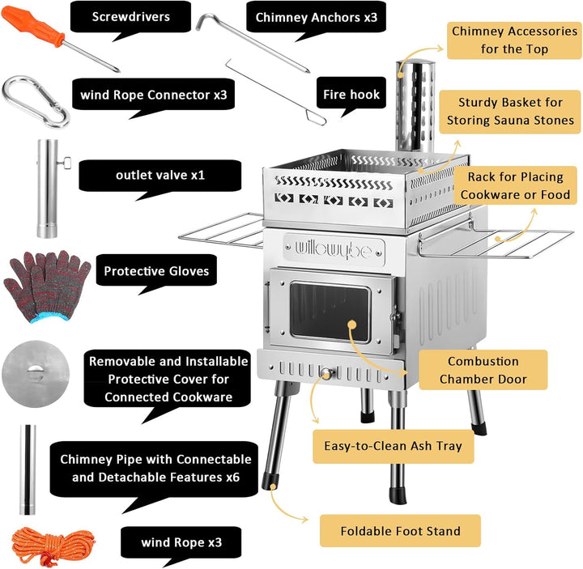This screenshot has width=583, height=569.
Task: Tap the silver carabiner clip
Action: click(x=36, y=101)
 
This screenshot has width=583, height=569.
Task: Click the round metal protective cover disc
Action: click(x=35, y=372)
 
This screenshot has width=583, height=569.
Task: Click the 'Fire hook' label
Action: click(x=351, y=94)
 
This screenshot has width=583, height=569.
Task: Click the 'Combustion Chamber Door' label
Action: click(x=483, y=370)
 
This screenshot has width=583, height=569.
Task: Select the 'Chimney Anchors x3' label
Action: click(x=316, y=16)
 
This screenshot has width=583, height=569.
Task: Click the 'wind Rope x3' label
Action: click(x=181, y=541)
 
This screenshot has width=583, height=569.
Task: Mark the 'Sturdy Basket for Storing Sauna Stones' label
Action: click(x=510, y=112)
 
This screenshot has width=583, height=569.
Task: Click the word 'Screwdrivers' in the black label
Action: click(x=130, y=16)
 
